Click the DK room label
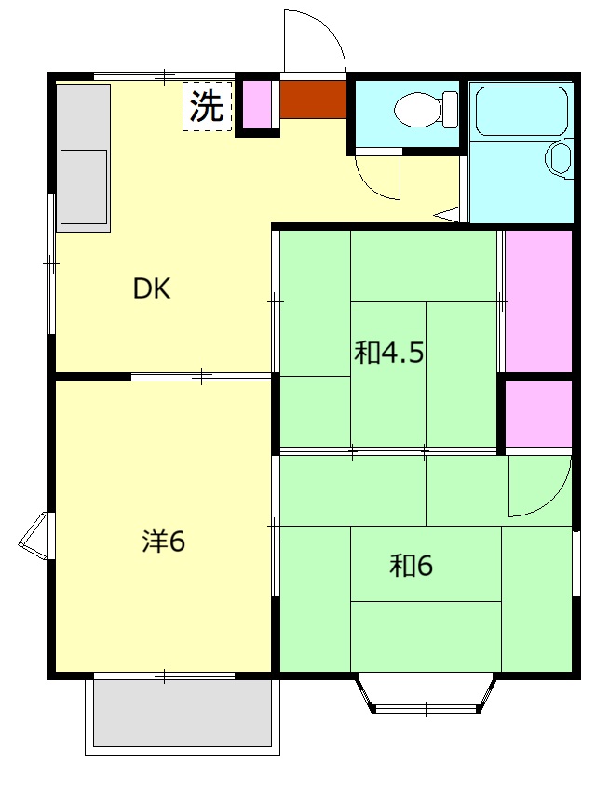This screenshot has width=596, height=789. click(152, 288)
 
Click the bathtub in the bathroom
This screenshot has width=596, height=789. click(520, 113)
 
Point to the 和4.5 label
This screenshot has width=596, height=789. click(389, 353)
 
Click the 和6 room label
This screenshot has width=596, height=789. click(412, 565)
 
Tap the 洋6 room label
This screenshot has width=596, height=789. click(164, 541)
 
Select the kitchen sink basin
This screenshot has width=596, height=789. click(84, 184)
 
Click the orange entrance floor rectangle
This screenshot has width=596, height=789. click(313, 100)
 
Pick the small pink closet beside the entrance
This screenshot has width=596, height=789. click(257, 105)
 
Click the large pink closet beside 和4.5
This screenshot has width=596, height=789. click(538, 301)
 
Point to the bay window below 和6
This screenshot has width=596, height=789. click(426, 693)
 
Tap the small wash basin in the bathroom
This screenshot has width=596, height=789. click(561, 157)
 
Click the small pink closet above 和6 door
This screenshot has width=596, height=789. click(538, 413)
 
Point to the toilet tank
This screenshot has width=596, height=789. click(452, 110)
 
